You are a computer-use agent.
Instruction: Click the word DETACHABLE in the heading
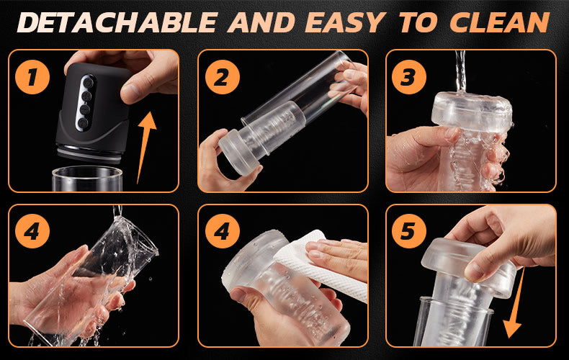tap(117, 22)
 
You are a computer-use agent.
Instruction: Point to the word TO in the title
tap(419, 22)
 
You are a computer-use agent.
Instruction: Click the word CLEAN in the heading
tap(499, 22)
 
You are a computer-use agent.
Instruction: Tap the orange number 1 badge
tap(32, 77)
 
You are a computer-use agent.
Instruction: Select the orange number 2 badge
tap(223, 77)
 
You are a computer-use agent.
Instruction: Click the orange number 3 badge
tap(409, 77)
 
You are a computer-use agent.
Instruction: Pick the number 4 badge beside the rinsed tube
tap(32, 231)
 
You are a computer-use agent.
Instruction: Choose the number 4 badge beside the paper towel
tap(223, 231)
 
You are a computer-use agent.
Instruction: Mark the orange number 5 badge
tap(409, 231)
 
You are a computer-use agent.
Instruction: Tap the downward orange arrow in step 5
tap(514, 303)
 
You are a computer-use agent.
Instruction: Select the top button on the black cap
tap(88, 82)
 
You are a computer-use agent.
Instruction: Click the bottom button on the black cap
tap(83, 123)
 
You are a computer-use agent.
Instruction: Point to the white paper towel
tap(319, 265)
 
